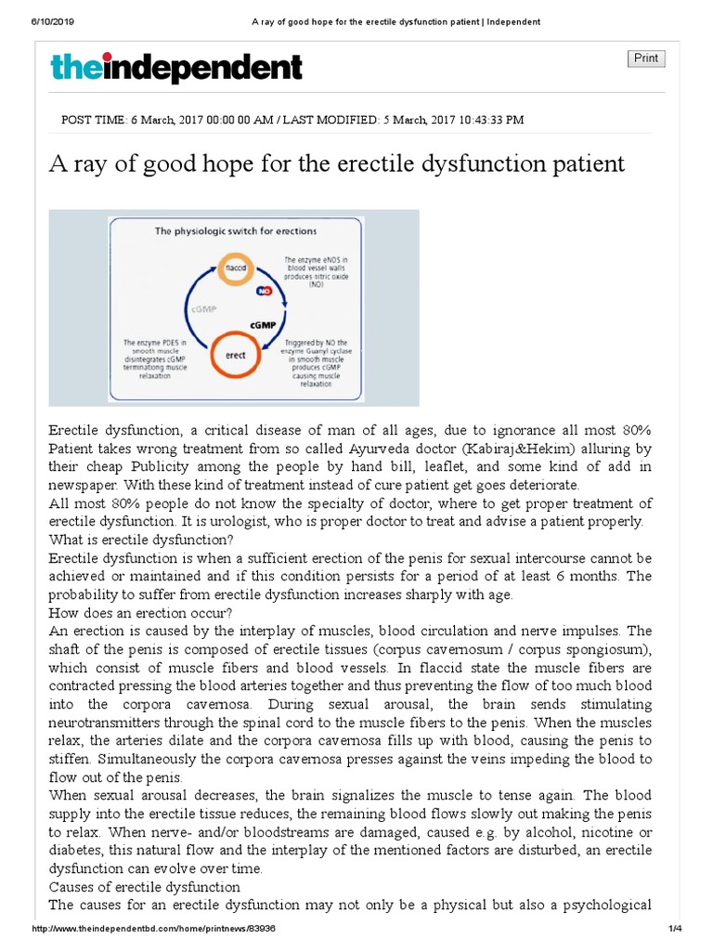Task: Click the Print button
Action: tap(646, 59)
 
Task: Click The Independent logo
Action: tap(175, 68)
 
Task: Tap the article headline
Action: tap(337, 164)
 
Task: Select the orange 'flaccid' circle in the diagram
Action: tap(235, 266)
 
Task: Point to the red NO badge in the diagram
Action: tap(265, 292)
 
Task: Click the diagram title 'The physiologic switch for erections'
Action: tap(235, 230)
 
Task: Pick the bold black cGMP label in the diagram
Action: tap(266, 326)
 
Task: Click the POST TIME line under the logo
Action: tap(292, 120)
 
